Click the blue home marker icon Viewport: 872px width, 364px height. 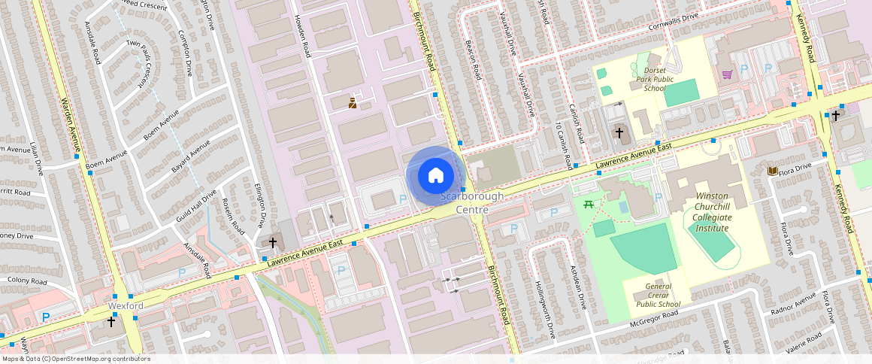(x=435, y=176)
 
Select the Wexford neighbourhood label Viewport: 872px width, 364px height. (x=126, y=307)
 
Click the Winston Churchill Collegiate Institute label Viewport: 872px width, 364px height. (x=711, y=212)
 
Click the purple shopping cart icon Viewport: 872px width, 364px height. (x=727, y=74)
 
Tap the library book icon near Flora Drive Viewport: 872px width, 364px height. (x=772, y=171)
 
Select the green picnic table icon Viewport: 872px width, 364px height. (x=589, y=204)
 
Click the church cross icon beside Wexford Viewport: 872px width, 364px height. (x=111, y=321)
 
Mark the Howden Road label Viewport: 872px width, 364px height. (x=302, y=36)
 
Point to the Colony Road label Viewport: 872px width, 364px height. (x=28, y=281)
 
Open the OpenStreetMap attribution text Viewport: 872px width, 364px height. (x=76, y=359)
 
